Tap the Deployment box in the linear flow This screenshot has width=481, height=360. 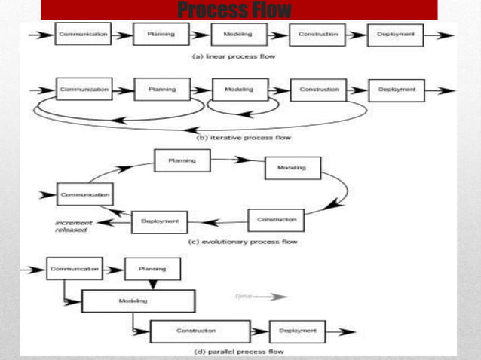tap(395, 35)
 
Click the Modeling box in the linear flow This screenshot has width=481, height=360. tap(238, 35)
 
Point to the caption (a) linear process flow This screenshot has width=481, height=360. tap(236, 56)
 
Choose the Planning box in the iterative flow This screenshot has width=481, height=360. tap(161, 89)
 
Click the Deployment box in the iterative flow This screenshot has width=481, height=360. tap(397, 90)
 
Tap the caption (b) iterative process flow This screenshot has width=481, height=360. tap(244, 138)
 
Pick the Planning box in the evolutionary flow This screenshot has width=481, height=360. tap(182, 160)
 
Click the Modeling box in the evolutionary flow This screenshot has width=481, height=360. tap(292, 168)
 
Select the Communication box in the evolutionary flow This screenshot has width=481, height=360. tap(85, 194)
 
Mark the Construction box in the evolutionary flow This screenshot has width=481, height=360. tap(277, 220)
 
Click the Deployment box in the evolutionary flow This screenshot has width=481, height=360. tap(159, 221)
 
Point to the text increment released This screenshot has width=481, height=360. tap(72, 226)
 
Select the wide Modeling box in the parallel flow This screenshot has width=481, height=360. tap(133, 301)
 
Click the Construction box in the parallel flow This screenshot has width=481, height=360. tap(200, 331)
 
